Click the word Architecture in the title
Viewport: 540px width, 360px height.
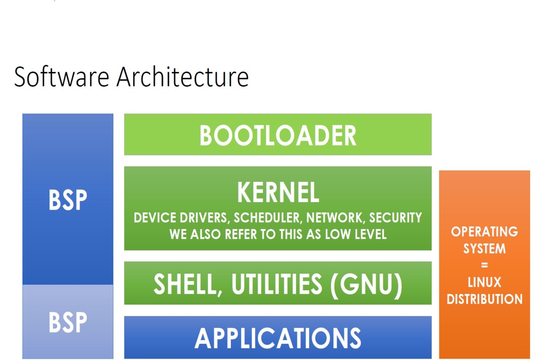pyautogui.click(x=183, y=77)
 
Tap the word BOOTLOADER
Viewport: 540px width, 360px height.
pyautogui.click(x=278, y=135)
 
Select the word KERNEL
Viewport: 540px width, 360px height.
pyautogui.click(x=278, y=193)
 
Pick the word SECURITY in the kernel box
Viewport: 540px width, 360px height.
pyautogui.click(x=396, y=218)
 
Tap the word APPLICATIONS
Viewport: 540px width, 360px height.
pyautogui.click(x=278, y=337)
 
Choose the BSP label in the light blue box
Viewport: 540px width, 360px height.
pyautogui.click(x=67, y=322)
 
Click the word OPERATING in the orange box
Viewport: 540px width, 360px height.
pyautogui.click(x=484, y=232)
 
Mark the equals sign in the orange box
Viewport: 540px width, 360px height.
pyautogui.click(x=484, y=265)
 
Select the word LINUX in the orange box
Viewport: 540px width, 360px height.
pyautogui.click(x=484, y=283)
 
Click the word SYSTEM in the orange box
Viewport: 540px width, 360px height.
pyautogui.click(x=484, y=249)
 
